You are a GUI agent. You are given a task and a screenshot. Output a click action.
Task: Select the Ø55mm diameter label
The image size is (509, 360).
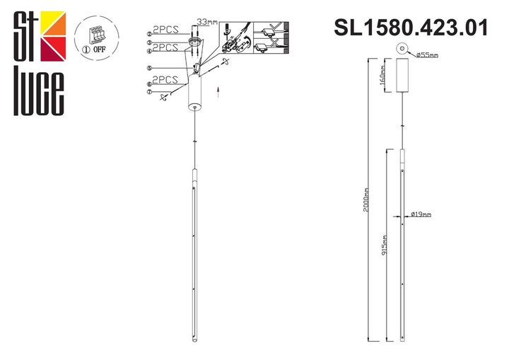[428, 54]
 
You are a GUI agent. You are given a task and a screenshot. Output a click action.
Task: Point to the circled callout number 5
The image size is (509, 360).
[149, 69]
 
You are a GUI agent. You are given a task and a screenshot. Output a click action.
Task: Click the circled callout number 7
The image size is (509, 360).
[149, 92]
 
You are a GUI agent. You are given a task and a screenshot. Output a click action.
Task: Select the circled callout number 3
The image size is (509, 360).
[149, 42]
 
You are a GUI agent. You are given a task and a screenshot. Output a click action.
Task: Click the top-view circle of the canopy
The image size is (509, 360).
[402, 49]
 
